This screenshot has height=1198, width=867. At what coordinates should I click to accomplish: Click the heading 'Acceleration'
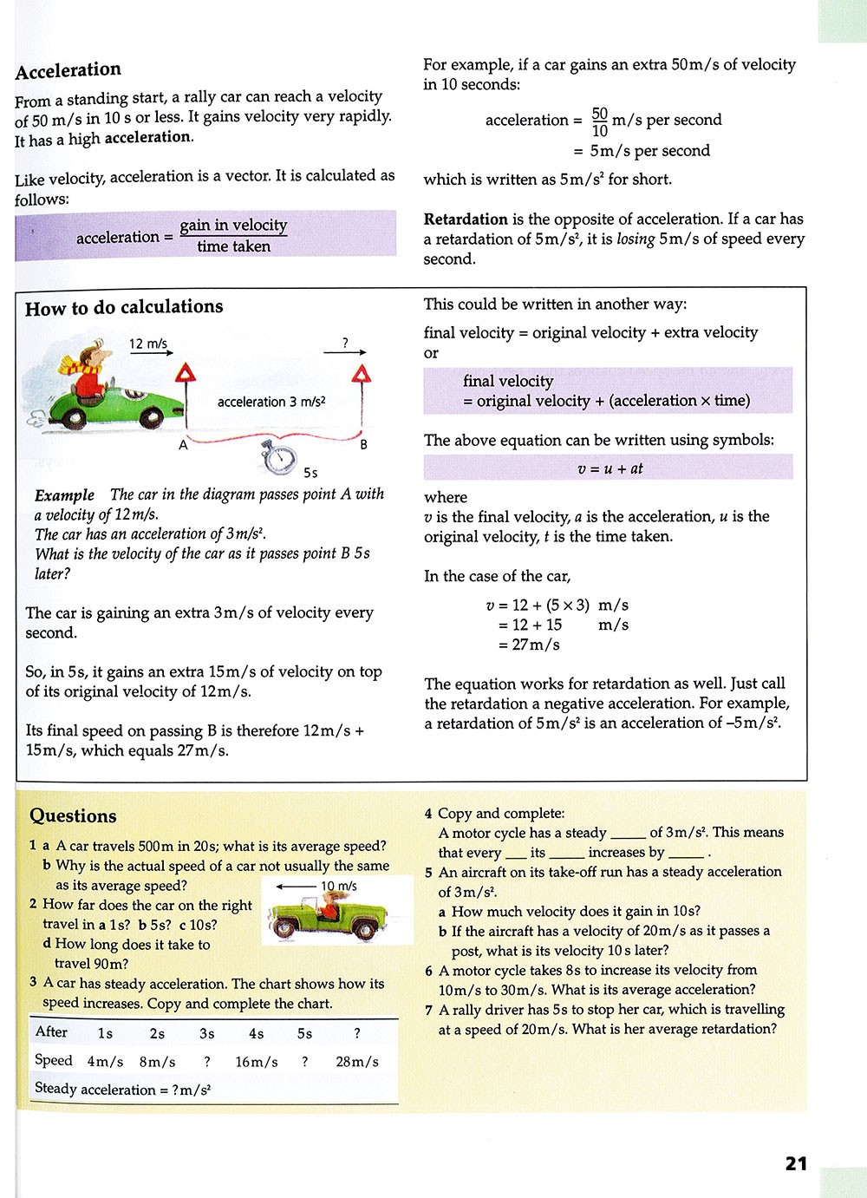pyautogui.click(x=68, y=70)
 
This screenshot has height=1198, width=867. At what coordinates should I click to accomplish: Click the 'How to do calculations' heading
pyautogui.click(x=124, y=307)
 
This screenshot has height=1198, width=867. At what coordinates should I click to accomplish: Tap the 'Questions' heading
pyautogui.click(x=73, y=815)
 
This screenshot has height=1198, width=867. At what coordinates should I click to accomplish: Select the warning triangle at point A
pyautogui.click(x=186, y=375)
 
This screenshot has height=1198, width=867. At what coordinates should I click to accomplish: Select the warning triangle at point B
pyautogui.click(x=361, y=375)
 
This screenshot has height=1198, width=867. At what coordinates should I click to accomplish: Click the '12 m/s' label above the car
pyautogui.click(x=148, y=344)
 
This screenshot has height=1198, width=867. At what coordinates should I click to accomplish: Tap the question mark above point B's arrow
pyautogui.click(x=345, y=344)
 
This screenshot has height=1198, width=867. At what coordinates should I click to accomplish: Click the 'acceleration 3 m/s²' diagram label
pyautogui.click(x=271, y=402)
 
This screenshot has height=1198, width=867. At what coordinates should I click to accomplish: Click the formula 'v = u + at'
pyautogui.click(x=610, y=468)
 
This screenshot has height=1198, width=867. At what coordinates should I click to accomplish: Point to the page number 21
pyautogui.click(x=796, y=1163)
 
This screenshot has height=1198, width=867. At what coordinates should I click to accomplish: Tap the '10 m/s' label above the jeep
pyautogui.click(x=339, y=886)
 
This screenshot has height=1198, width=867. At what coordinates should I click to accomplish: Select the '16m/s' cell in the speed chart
pyautogui.click(x=257, y=1062)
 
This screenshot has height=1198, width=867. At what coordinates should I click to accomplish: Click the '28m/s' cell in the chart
pyautogui.click(x=357, y=1062)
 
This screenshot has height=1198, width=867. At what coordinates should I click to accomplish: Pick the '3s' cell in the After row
pyautogui.click(x=206, y=1033)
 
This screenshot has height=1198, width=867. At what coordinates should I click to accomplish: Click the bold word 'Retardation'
pyautogui.click(x=466, y=219)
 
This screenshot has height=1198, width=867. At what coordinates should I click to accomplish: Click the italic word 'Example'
pyautogui.click(x=64, y=495)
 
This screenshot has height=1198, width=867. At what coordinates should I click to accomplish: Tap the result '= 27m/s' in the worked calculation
pyautogui.click(x=529, y=645)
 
